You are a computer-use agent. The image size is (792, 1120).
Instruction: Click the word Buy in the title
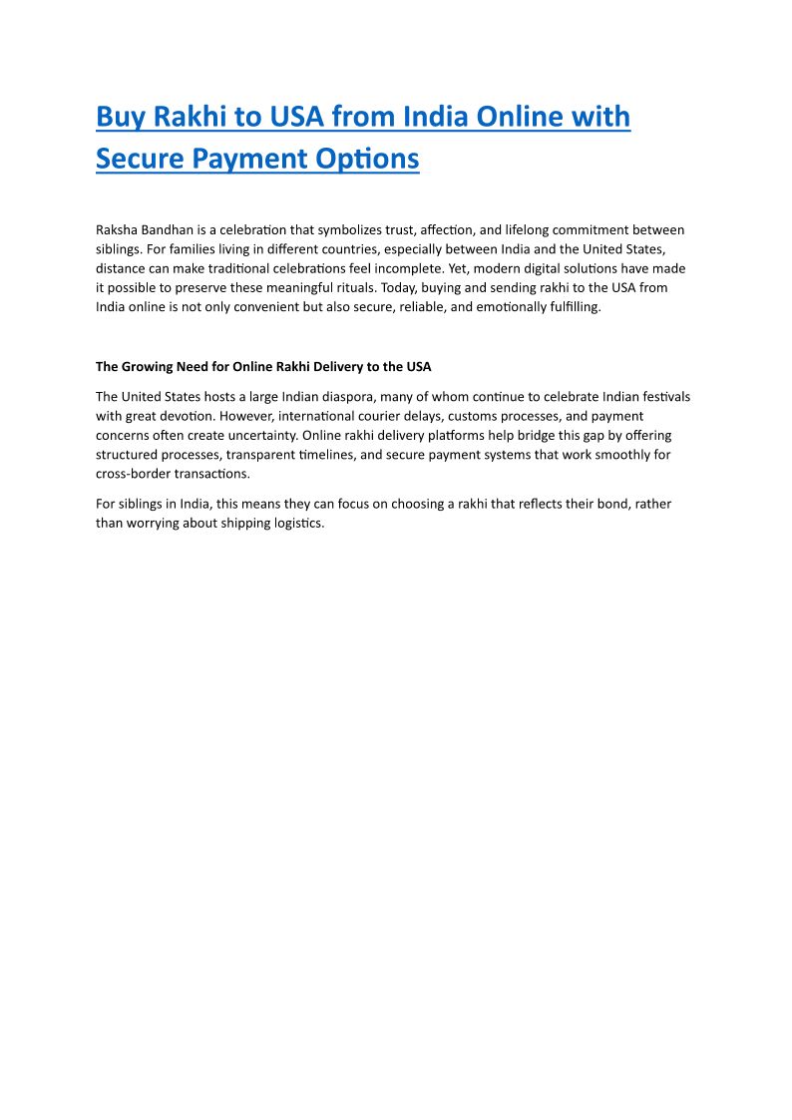point(121,118)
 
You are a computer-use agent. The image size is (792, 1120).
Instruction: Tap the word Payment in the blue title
point(257,159)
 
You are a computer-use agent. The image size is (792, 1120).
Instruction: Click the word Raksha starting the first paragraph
point(117,230)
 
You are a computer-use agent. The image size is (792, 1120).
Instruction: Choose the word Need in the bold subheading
point(198,367)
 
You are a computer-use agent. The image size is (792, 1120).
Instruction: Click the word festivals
point(661,397)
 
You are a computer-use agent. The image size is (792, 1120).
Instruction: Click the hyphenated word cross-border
point(134,474)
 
